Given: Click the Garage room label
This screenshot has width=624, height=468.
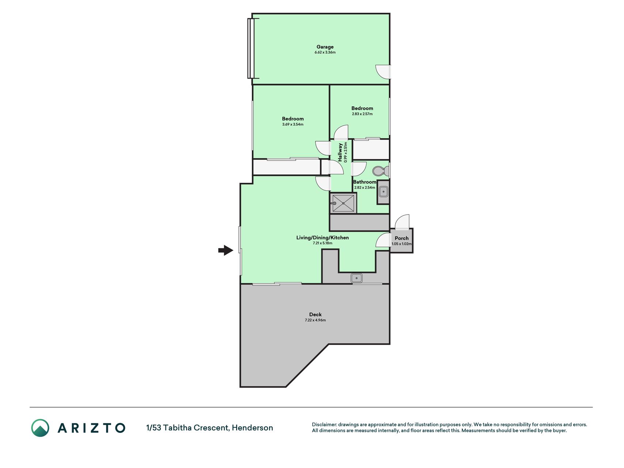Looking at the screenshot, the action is click(325, 47).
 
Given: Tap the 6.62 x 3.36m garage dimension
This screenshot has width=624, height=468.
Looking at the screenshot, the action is click(325, 52).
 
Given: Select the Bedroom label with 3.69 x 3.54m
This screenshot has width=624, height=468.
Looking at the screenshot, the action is click(293, 118).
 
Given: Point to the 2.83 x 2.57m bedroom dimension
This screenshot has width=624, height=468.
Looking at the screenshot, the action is click(362, 114).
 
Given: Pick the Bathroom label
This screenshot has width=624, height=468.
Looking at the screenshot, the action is click(364, 182).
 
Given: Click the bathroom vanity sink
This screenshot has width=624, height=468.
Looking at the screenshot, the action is click(383, 191).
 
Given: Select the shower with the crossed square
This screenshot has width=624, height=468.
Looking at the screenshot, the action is click(343, 203).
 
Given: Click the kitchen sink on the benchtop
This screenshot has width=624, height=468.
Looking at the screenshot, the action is click(356, 278).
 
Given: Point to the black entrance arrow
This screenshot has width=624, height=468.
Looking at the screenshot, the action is click(226, 250).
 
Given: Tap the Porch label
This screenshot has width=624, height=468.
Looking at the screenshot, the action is click(401, 238).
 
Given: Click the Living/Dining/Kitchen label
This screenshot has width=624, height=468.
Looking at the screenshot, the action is click(322, 238).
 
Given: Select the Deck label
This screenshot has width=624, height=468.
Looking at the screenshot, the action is click(315, 314).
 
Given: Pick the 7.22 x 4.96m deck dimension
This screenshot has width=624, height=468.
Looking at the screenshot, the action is click(315, 320).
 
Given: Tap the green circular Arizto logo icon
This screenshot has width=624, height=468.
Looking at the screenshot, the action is click(40, 428).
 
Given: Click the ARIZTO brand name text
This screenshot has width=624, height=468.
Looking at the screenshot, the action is click(92, 428).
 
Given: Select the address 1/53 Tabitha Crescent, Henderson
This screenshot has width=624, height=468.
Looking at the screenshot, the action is click(209, 428).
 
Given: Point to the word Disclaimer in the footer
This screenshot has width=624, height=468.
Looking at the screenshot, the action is click(324, 424).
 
